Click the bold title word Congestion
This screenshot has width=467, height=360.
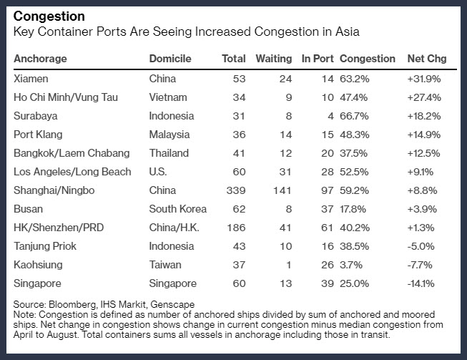click(x=49, y=16)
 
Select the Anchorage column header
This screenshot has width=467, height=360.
click(x=40, y=59)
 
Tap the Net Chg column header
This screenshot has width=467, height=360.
click(x=427, y=59)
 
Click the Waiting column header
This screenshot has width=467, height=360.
click(x=274, y=59)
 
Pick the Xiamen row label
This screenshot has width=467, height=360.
click(x=31, y=79)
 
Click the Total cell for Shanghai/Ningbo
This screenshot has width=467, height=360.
click(x=236, y=190)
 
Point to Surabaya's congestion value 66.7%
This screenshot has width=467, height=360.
click(x=354, y=116)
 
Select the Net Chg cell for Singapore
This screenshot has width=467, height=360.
click(x=421, y=283)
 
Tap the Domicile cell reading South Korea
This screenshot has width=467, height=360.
click(x=178, y=209)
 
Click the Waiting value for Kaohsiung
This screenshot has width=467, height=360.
click(x=289, y=265)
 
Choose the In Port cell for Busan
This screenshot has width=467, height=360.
click(x=327, y=209)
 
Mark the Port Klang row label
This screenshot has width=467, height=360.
click(x=38, y=135)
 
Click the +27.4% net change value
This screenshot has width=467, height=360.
click(x=424, y=97)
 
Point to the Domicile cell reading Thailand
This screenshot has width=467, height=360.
click(x=169, y=153)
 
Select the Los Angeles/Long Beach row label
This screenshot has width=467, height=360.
click(x=72, y=172)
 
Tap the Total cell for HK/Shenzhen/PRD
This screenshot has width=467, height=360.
click(x=236, y=228)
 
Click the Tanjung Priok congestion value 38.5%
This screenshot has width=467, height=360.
click(x=355, y=246)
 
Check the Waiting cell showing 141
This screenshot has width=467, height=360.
click(x=282, y=190)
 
